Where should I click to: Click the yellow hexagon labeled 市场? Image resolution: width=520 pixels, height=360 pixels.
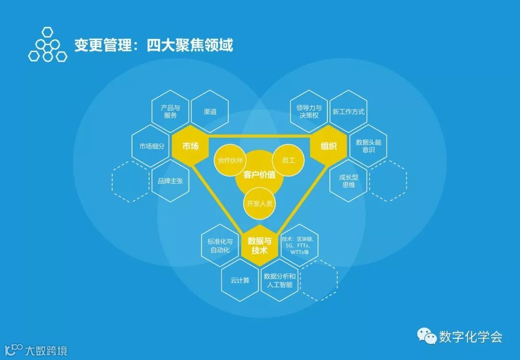(x=190, y=146)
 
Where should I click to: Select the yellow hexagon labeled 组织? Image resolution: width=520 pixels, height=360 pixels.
(x=328, y=146)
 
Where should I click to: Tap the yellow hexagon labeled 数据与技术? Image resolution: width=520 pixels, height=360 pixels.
(x=260, y=245)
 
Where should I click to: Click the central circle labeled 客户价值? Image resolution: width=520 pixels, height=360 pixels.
(x=260, y=174)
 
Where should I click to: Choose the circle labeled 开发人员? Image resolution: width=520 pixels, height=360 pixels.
(x=260, y=203)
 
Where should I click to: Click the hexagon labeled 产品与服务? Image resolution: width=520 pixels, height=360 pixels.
(x=170, y=112)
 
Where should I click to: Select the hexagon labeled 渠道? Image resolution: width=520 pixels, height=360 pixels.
(x=210, y=112)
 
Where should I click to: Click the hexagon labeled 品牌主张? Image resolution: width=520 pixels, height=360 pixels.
(x=170, y=181)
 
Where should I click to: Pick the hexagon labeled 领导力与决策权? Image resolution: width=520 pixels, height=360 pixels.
(x=309, y=112)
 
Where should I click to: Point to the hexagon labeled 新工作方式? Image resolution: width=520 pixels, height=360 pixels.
(x=348, y=112)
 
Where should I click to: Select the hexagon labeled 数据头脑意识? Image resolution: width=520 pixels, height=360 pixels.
(x=368, y=146)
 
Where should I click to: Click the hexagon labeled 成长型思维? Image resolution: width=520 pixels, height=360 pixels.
(x=348, y=181)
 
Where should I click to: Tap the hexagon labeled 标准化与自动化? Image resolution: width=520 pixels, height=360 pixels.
(x=220, y=245)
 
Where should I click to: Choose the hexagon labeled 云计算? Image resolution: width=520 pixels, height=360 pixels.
(x=240, y=280)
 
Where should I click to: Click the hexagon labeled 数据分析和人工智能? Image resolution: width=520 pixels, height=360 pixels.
(x=279, y=280)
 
